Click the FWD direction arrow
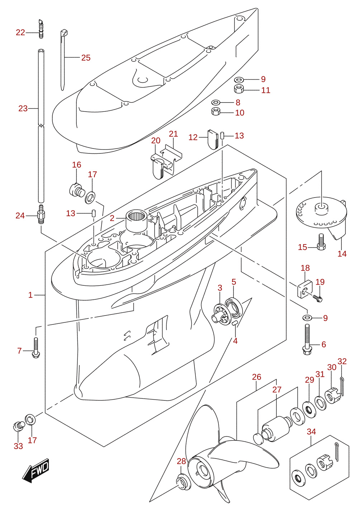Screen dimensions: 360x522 pyautogui.click(x=35, y=470)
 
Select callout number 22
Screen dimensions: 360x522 pyautogui.click(x=20, y=32)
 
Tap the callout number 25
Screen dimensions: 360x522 pyautogui.click(x=86, y=58)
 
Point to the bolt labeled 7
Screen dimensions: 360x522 pyautogui.click(x=36, y=348)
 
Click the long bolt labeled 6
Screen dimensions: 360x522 pyautogui.click(x=307, y=340)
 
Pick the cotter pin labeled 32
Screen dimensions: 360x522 pyautogui.click(x=342, y=386)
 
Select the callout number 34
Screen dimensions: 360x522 pyautogui.click(x=311, y=431)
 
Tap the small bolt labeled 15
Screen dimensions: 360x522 pyautogui.click(x=321, y=242)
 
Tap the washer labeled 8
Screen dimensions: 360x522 pyautogui.click(x=216, y=102)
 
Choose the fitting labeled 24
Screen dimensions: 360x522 pyautogui.click(x=41, y=214)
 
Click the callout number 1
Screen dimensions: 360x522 pyautogui.click(x=30, y=295)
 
